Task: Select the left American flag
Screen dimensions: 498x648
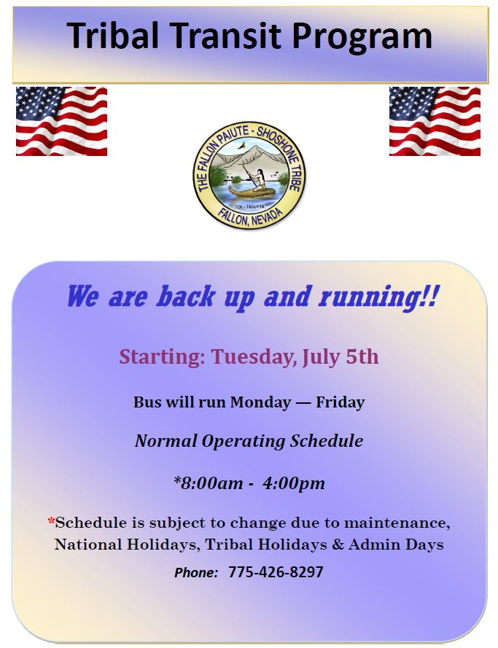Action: [61, 122]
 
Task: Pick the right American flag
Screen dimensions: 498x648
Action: [435, 122]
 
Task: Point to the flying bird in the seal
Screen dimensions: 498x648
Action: [241, 146]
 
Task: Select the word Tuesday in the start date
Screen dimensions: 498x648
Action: [253, 357]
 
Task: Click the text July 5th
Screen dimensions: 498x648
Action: [340, 357]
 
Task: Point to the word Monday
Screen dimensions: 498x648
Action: [260, 402]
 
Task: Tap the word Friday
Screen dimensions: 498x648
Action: [340, 402]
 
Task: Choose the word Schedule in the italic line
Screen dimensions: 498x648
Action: [326, 440]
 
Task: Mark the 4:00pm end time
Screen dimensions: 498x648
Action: [294, 483]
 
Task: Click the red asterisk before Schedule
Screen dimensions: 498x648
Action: [51, 520]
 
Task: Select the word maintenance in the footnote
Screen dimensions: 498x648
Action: [397, 523]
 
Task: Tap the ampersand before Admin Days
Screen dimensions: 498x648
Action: [338, 544]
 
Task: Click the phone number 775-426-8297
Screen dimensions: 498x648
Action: [276, 572]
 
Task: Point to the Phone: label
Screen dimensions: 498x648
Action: [196, 573]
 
